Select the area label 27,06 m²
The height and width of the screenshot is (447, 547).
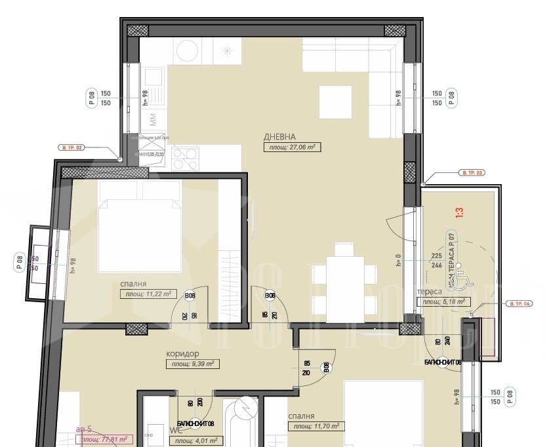click(x=291, y=147)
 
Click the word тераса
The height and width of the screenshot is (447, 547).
click(x=429, y=292)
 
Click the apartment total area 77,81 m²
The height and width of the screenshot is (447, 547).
click(x=103, y=440)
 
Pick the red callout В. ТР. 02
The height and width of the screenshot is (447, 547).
click(x=71, y=147)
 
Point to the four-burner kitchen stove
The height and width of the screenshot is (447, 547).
click(x=185, y=157)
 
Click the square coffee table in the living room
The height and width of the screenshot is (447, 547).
click(x=334, y=103)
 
